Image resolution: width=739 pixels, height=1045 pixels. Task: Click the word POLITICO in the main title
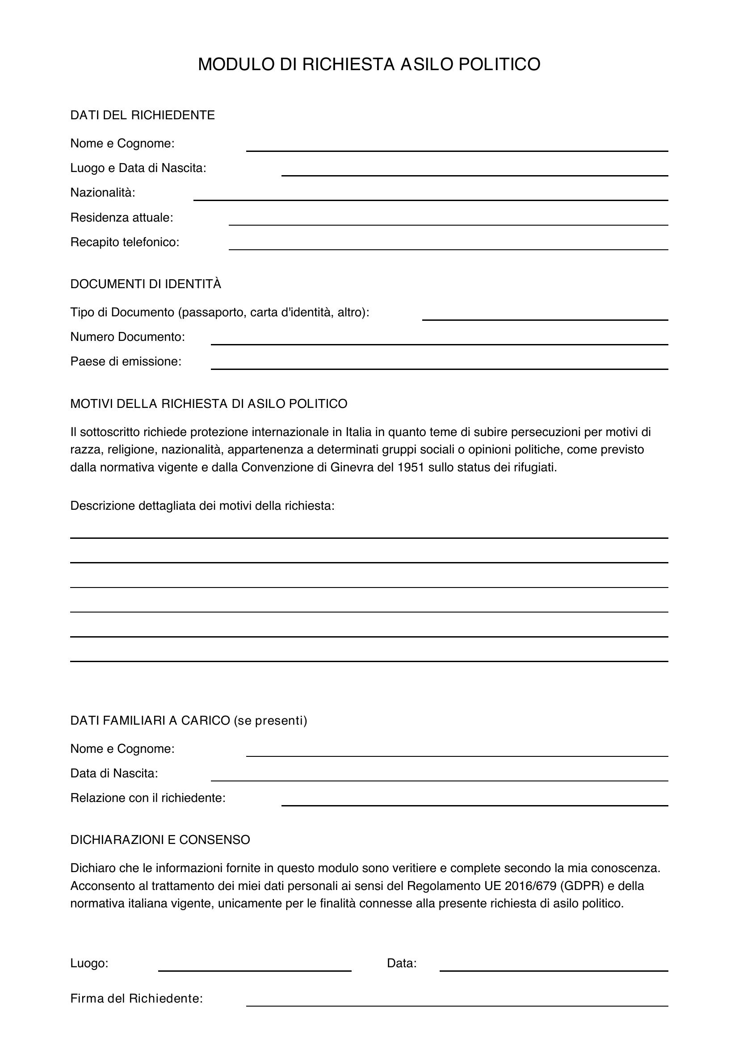click(x=499, y=64)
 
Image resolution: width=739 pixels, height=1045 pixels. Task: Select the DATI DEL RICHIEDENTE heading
click(x=143, y=115)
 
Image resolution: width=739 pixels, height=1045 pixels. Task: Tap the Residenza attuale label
click(x=122, y=218)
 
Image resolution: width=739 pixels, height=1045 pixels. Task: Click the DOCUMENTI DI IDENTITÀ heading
click(x=146, y=284)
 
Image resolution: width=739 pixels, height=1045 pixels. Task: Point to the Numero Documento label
click(x=127, y=337)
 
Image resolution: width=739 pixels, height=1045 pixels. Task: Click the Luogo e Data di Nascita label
click(x=139, y=168)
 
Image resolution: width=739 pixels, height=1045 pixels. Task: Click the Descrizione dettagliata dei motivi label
click(x=202, y=506)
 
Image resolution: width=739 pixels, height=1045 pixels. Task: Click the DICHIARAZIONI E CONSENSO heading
click(x=160, y=840)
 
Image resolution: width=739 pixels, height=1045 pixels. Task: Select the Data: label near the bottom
click(x=401, y=963)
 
